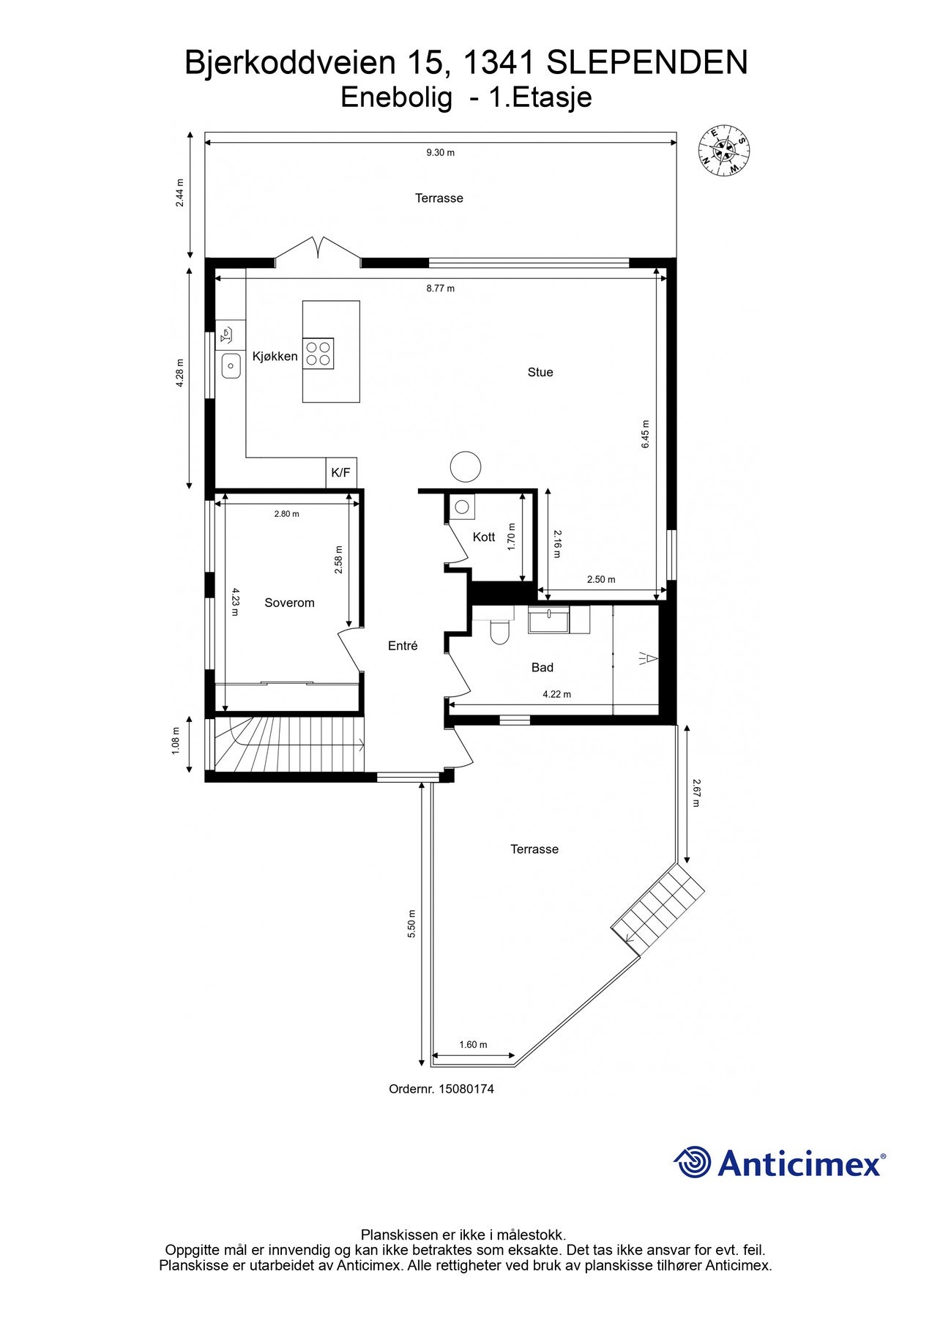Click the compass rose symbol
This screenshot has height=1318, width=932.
point(723,150)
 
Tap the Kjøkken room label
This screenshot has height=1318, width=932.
point(275,357)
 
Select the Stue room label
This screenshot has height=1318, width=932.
point(540,372)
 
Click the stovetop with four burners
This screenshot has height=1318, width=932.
point(319,353)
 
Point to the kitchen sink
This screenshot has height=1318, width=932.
point(231,365)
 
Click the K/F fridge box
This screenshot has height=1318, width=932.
point(341,473)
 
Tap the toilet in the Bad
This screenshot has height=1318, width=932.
point(499,631)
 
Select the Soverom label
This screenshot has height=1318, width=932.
point(289,603)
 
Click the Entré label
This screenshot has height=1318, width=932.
point(403,646)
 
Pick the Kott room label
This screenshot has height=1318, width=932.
point(484,537)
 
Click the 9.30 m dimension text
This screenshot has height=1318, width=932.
point(440,152)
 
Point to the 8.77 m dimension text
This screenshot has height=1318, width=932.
point(440,288)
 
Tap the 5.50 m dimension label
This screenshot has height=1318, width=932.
point(411,923)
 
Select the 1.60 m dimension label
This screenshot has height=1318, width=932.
point(473,1045)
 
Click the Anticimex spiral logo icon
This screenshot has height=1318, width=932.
point(693,1162)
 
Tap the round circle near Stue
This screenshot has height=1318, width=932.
point(466,466)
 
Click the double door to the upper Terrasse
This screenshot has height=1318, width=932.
point(318,249)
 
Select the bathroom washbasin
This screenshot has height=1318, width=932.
point(548,620)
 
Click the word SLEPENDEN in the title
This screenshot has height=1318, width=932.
point(647,63)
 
